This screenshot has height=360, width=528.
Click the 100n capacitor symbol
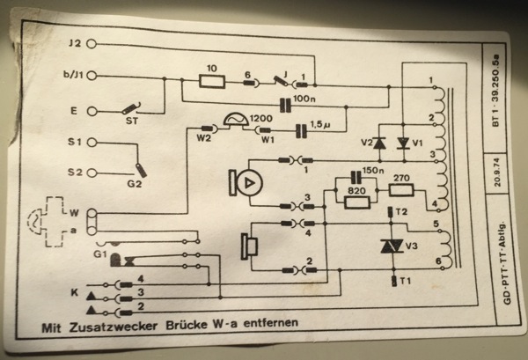(x=284, y=103)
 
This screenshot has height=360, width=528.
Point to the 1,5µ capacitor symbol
(x=301, y=132)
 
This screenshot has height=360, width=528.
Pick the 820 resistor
(x=357, y=202)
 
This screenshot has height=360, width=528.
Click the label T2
(x=401, y=212)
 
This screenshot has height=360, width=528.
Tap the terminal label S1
(x=75, y=141)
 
